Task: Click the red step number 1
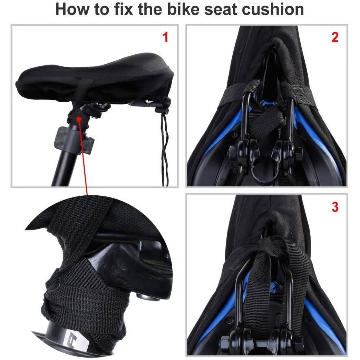166,37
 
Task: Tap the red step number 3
335,207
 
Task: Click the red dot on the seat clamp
80,118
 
